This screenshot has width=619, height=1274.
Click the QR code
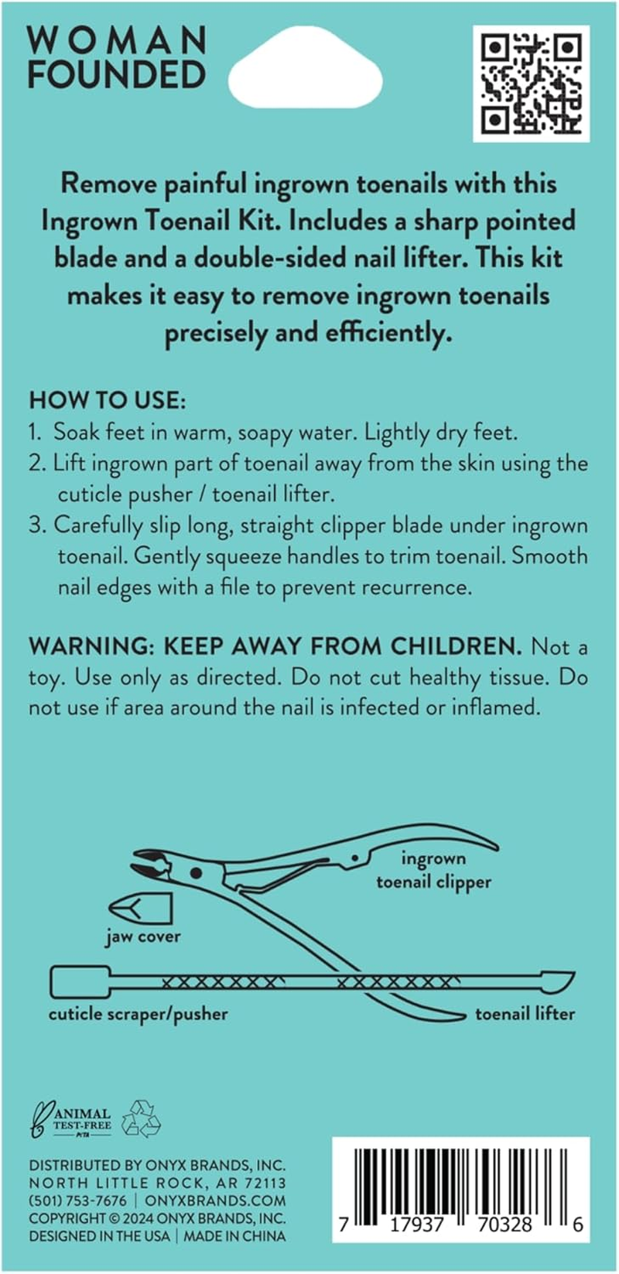(531, 84)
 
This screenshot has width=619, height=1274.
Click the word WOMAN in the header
(117, 40)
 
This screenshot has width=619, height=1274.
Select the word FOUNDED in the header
(117, 75)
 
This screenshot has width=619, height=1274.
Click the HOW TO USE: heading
(108, 400)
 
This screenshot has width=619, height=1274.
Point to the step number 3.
(36, 526)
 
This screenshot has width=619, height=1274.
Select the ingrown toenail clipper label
(434, 870)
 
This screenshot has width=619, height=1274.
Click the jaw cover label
(143, 937)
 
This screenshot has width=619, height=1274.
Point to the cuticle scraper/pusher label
(139, 1013)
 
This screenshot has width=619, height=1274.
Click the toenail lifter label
(525, 1013)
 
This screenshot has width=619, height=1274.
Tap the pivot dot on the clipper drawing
(196, 873)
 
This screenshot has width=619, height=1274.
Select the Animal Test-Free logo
(71, 1120)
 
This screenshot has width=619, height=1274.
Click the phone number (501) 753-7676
(78, 1200)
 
